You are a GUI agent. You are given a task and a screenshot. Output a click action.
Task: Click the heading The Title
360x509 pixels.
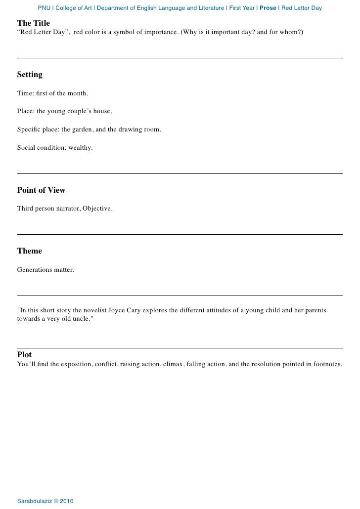click(x=33, y=23)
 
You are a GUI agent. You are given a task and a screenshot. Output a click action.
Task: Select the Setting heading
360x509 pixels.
click(x=30, y=75)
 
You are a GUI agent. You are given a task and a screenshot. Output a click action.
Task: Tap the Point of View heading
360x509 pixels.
click(x=41, y=190)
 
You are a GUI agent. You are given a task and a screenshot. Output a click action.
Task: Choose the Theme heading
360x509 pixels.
click(x=30, y=251)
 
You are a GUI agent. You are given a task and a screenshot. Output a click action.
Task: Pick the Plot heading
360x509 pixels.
click(x=25, y=355)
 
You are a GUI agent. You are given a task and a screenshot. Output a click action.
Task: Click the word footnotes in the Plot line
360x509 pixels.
click(x=325, y=364)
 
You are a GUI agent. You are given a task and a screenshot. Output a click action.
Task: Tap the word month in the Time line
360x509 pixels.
click(x=77, y=93)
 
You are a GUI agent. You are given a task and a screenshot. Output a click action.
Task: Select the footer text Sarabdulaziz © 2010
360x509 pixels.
click(x=45, y=501)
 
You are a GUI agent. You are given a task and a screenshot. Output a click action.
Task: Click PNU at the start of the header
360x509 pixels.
click(x=44, y=8)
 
